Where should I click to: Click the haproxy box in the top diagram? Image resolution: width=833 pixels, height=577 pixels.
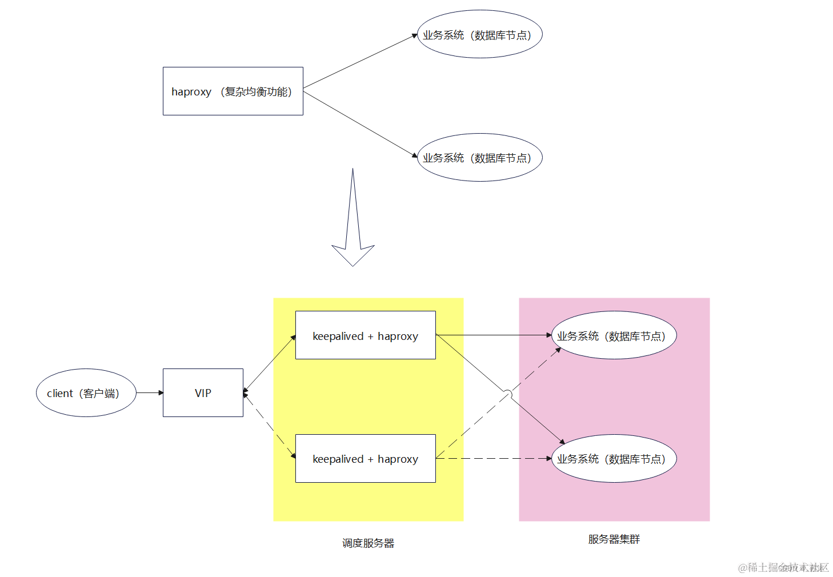[x=233, y=91]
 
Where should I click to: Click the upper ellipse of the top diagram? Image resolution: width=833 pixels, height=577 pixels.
[x=479, y=34]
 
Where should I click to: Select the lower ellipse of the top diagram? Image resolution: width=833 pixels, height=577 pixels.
[x=479, y=158]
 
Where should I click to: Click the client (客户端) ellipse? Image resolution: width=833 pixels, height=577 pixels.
[x=86, y=393]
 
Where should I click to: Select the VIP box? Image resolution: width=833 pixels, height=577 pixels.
[x=203, y=393]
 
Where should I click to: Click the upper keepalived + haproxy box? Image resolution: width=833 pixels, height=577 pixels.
[x=365, y=335]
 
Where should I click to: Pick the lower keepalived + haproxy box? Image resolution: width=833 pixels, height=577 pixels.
[x=365, y=459]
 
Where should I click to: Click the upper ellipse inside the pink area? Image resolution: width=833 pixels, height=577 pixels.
[x=614, y=335]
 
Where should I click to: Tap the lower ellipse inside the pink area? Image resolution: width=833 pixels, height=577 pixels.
[x=614, y=459]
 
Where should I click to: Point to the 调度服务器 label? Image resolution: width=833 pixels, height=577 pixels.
[x=368, y=543]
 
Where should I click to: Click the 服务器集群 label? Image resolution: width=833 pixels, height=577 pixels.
[x=614, y=539]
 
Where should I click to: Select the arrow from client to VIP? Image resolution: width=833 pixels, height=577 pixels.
[x=150, y=393]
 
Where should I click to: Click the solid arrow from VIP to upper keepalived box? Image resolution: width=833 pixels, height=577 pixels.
[x=270, y=364]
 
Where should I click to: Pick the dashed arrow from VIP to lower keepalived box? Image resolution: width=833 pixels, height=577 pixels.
[x=270, y=426]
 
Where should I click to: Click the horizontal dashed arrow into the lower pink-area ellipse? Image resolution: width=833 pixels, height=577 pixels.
[x=494, y=458]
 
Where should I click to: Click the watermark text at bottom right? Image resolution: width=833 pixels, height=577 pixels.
[x=783, y=567]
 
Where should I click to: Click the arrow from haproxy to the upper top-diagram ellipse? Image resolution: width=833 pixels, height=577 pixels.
[x=360, y=62]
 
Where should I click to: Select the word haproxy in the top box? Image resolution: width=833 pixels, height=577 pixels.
[x=191, y=92]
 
